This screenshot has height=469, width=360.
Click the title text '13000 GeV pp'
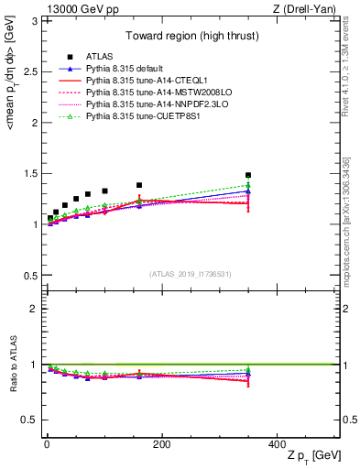coord(73,9)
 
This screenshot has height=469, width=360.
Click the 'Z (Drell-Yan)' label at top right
coord(307,9)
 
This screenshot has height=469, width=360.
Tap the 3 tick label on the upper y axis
coord(35,21)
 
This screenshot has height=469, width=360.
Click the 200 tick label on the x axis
coord(161,442)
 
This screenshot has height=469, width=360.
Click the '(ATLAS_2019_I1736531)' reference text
coord(191,274)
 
